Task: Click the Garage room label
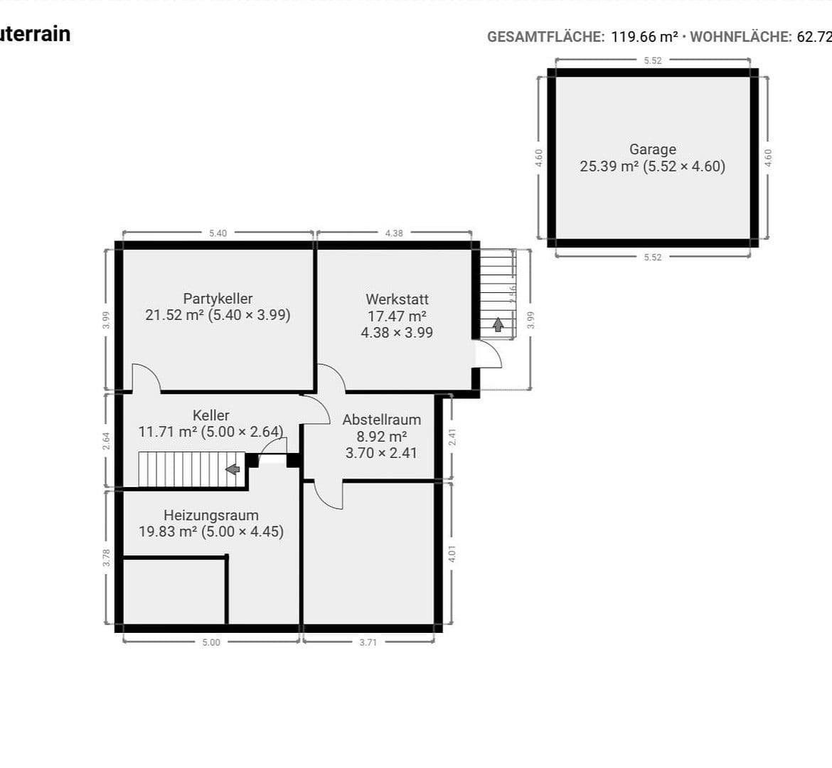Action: tap(652, 149)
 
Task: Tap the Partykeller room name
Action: tap(218, 299)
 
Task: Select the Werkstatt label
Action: tap(397, 299)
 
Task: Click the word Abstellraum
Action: tap(381, 420)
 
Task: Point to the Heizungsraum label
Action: tap(211, 515)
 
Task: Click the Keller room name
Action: tap(210, 415)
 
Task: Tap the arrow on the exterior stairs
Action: tap(498, 325)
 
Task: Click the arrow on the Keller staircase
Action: tap(232, 469)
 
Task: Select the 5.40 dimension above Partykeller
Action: tap(218, 233)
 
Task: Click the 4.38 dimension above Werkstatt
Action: tap(394, 233)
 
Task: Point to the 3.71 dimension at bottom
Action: tap(368, 642)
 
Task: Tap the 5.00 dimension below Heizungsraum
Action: tap(211, 642)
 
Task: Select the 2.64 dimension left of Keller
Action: tap(107, 441)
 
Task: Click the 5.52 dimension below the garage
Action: tap(652, 257)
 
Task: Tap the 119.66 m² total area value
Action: tap(644, 37)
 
